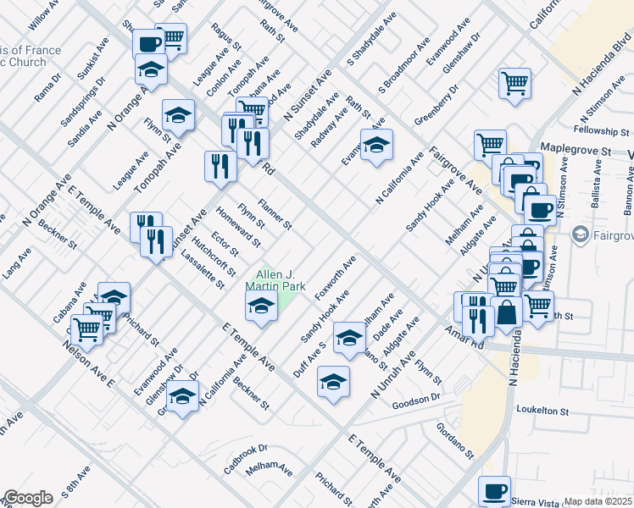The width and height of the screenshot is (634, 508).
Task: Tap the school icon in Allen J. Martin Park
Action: pyautogui.click(x=261, y=306)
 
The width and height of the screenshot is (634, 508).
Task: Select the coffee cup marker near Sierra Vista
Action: pyautogui.click(x=494, y=491)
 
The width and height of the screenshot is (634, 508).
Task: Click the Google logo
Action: pyautogui.click(x=28, y=498)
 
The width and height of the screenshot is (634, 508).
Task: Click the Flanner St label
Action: pyautogui.click(x=276, y=214)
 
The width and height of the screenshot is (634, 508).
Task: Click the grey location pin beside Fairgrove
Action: pyautogui.click(x=580, y=233)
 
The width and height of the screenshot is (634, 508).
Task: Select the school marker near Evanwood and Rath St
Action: pyautogui.click(x=376, y=145)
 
